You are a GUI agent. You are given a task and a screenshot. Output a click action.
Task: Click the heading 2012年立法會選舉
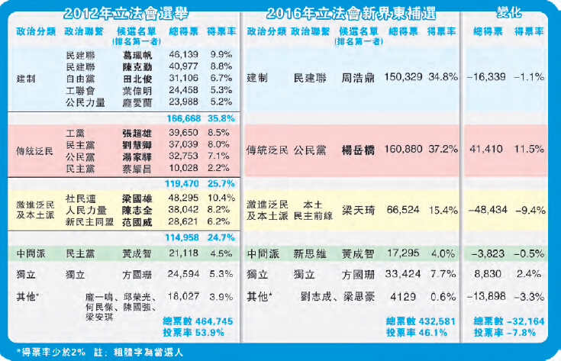126,13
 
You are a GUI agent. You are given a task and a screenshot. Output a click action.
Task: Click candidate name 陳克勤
134,67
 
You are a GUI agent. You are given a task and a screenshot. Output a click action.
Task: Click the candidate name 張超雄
134,133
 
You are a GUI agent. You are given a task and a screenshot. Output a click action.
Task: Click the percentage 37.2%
443,150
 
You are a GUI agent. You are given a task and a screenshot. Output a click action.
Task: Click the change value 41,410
488,150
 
